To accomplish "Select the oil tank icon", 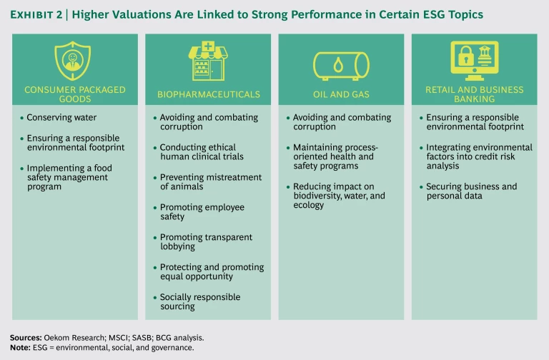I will pyautogui.click(x=341, y=65).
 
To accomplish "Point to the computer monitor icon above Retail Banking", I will pyautogui.click(x=473, y=60).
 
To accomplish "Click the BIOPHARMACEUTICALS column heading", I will pyautogui.click(x=208, y=94).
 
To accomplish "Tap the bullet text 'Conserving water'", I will pyautogui.click(x=61, y=117).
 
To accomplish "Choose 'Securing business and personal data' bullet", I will pyautogui.click(x=471, y=191).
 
